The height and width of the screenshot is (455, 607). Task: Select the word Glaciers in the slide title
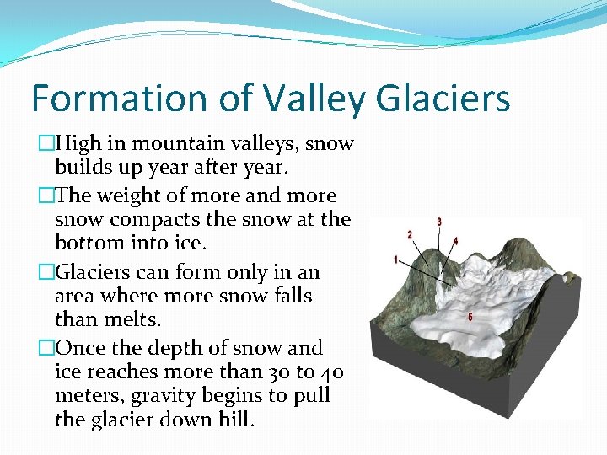[443, 98]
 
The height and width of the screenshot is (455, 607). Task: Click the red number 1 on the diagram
[395, 260]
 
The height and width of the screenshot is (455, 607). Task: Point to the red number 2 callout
[410, 233]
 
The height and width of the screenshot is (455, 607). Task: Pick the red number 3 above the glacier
[438, 222]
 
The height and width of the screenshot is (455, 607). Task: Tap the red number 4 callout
[455, 240]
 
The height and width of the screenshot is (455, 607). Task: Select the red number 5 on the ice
[470, 317]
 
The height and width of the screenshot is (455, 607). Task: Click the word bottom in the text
[87, 244]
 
